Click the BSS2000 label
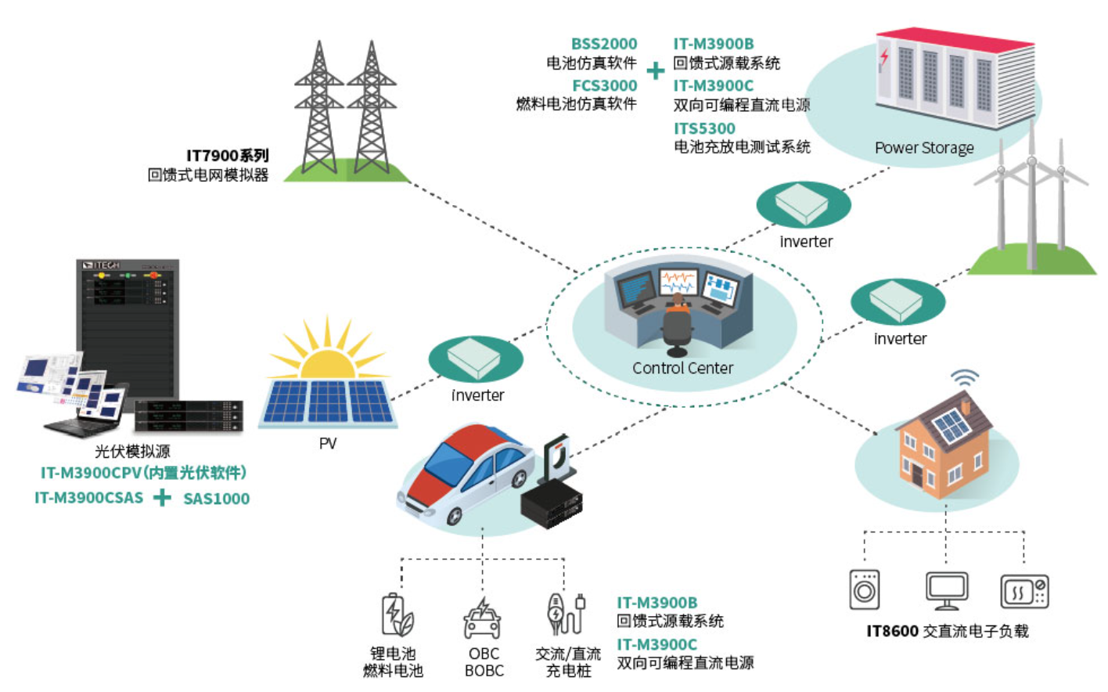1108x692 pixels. coord(604,44)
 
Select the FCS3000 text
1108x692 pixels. coord(604,85)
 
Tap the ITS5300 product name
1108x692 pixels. coord(704,128)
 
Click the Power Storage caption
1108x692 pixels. coord(924,147)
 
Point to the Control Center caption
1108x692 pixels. coord(682,368)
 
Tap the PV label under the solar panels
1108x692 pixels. coord(327,443)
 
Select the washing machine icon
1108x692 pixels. coord(864,589)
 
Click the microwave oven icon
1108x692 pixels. coord(1024,591)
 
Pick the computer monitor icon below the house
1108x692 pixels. coord(947,591)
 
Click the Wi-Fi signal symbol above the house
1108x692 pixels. coord(965,377)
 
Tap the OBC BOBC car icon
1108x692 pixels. coord(482,618)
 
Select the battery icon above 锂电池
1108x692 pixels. coord(398,615)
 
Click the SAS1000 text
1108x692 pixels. coord(216,499)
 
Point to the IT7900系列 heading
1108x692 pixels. coord(228,156)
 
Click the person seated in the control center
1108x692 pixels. coord(677,322)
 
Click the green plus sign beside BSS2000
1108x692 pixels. coord(656,70)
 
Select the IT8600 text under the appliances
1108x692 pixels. coord(892,631)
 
